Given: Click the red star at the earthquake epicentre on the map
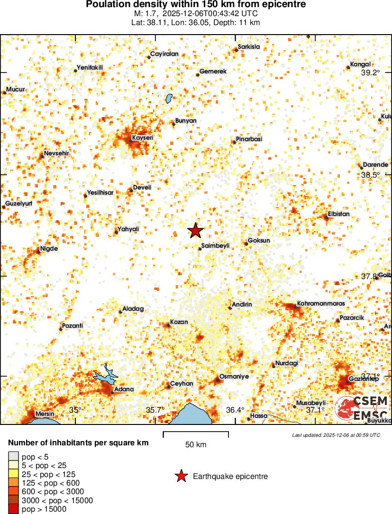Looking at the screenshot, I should tap(195, 231).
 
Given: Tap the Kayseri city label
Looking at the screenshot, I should tap(143, 137).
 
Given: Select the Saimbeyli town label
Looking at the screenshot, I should tap(215, 246).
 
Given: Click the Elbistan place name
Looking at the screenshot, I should tap(338, 214).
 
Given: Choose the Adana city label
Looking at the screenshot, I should tap(124, 389).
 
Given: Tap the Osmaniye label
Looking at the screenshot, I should tap(234, 377).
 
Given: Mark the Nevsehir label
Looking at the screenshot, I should tap(56, 153).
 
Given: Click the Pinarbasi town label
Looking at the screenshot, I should tap(248, 139).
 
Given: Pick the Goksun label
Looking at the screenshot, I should tap(259, 240).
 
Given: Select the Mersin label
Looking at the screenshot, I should tap(45, 414).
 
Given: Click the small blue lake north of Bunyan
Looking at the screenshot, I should tap(169, 99).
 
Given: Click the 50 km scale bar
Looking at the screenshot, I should tap(196, 434).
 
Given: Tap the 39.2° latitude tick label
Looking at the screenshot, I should tap(370, 72).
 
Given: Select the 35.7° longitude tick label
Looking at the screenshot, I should tap(155, 410).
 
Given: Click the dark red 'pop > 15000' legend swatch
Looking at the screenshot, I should tap(13, 509).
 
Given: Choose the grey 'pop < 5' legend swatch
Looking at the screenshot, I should tap(13, 457).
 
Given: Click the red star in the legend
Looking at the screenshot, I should tap(181, 476).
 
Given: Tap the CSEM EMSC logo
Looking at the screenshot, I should tap(362, 408).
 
